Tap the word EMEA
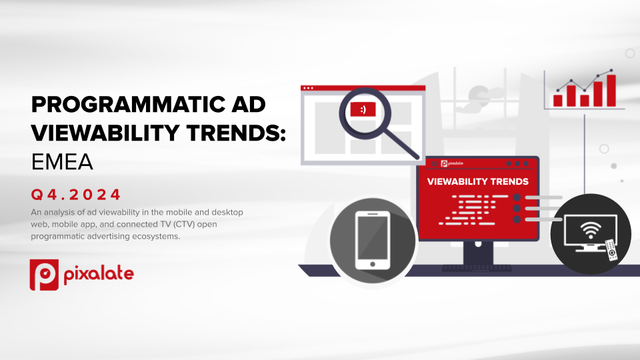click(x=62, y=162)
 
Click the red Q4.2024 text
click(x=76, y=194)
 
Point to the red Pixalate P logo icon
click(x=44, y=275)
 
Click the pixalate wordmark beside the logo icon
click(x=99, y=274)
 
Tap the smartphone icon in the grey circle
click(x=373, y=241)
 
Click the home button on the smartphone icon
click(x=373, y=264)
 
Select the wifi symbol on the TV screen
click(x=590, y=231)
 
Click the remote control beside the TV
click(x=611, y=250)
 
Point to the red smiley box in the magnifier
click(x=363, y=109)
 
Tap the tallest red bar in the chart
click(x=611, y=91)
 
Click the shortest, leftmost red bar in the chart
click(x=557, y=101)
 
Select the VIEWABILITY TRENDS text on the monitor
click(x=477, y=181)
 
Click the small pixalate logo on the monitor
click(x=452, y=164)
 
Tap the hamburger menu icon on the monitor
click(x=435, y=164)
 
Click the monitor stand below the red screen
click(x=478, y=253)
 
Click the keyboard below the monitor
click(x=477, y=268)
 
